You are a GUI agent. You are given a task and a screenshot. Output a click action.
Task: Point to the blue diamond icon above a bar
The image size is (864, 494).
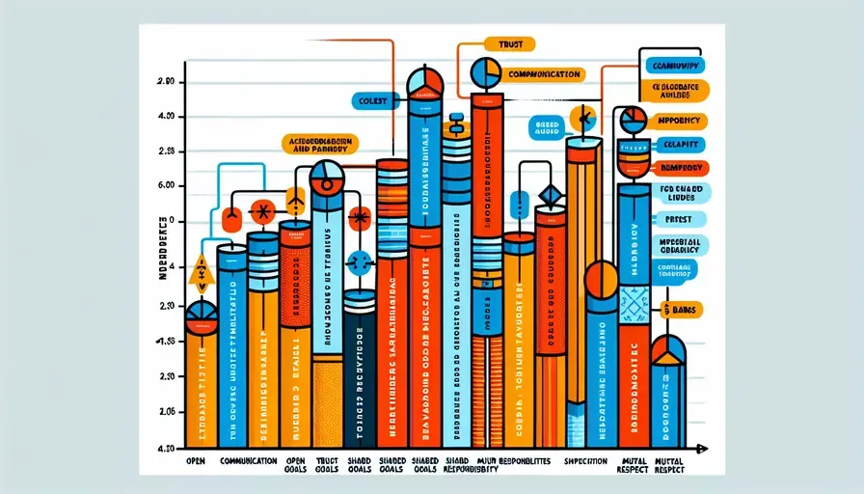[550, 197]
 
